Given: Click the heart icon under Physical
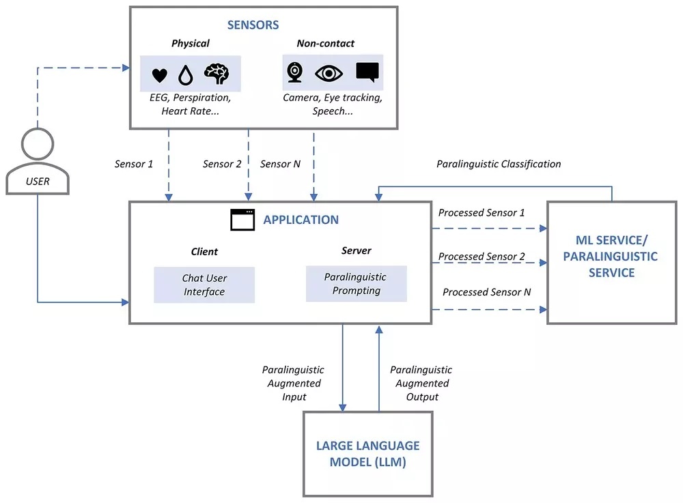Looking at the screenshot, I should tap(159, 75).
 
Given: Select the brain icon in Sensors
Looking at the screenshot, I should tap(217, 73).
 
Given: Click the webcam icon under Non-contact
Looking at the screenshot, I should tap(294, 72).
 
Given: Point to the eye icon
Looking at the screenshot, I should tap(329, 73).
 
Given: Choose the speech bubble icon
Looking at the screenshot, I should tap(367, 72).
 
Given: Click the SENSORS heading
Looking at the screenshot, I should tap(253, 25).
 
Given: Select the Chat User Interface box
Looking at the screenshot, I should tap(204, 285).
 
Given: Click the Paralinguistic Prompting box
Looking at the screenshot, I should tap(356, 283).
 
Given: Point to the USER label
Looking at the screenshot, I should tap(38, 182).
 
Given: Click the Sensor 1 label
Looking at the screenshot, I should tap(134, 164).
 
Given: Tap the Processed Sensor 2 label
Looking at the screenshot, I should tap(482, 257).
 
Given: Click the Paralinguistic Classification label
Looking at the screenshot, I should tap(499, 164).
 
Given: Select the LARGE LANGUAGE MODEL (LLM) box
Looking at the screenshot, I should tap(367, 454).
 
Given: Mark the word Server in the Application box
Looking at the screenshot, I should tap(356, 250).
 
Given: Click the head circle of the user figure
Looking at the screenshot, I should tap(38, 145).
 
